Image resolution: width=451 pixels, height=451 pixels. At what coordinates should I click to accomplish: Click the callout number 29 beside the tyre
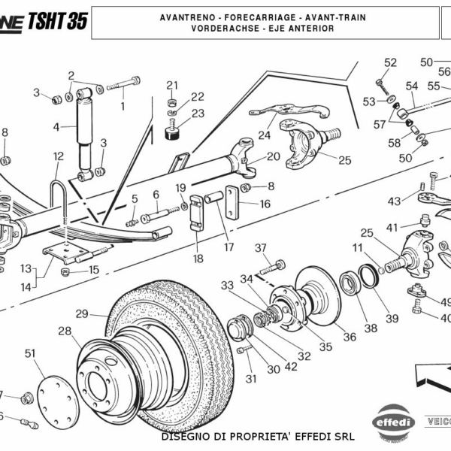[82, 314]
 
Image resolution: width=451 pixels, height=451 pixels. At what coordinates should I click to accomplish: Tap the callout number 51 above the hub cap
[30, 353]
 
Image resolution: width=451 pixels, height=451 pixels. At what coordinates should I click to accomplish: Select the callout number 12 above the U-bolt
[59, 156]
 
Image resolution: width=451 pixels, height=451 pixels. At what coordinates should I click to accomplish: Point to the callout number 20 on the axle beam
[273, 156]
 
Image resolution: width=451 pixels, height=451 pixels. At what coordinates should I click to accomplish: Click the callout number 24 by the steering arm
[264, 136]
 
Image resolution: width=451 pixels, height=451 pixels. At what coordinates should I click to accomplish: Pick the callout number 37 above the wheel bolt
[261, 248]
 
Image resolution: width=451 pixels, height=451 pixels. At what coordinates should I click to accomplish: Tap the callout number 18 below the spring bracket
[198, 259]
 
